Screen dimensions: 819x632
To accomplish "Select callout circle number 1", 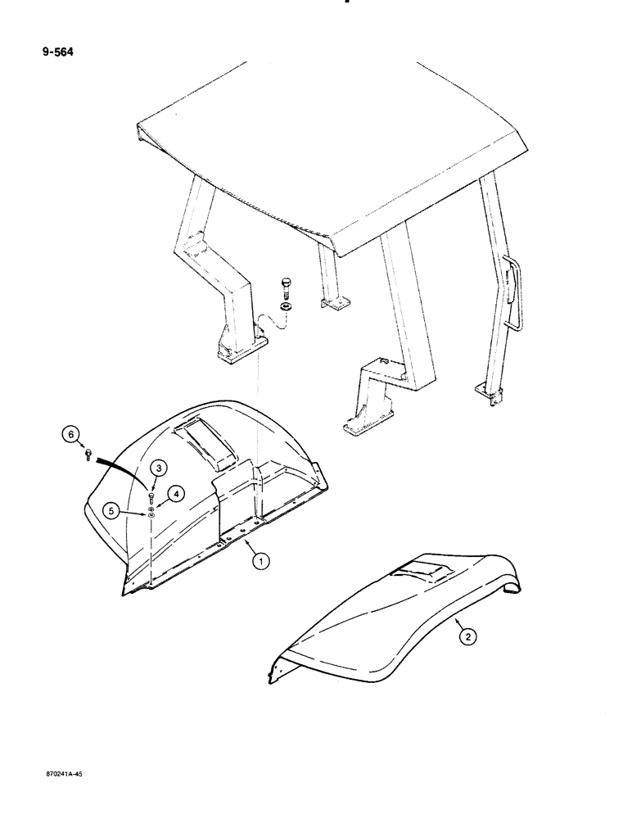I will click(x=260, y=561).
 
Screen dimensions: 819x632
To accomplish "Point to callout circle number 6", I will click(x=72, y=433).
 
